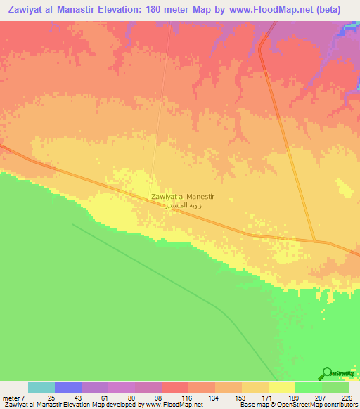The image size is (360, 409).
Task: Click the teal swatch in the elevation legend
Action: click(x=41, y=387)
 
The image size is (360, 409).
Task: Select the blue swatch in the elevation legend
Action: click(x=67, y=387)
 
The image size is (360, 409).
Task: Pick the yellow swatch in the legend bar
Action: click(x=281, y=387)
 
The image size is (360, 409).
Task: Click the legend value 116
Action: click(x=187, y=397)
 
